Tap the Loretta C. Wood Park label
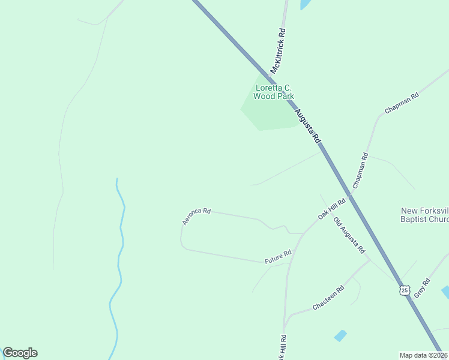coord(273,92)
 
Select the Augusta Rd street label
coord(307,126)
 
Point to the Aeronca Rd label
coord(196,216)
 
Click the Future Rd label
coord(278,257)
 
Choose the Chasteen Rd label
coord(328,298)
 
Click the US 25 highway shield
coord(405,290)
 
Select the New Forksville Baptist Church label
coord(424,215)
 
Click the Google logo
coord(20,353)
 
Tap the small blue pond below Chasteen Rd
coord(340,335)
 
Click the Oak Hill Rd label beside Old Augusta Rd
coord(333,208)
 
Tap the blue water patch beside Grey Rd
coord(445,292)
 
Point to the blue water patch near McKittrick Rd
coord(306,4)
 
